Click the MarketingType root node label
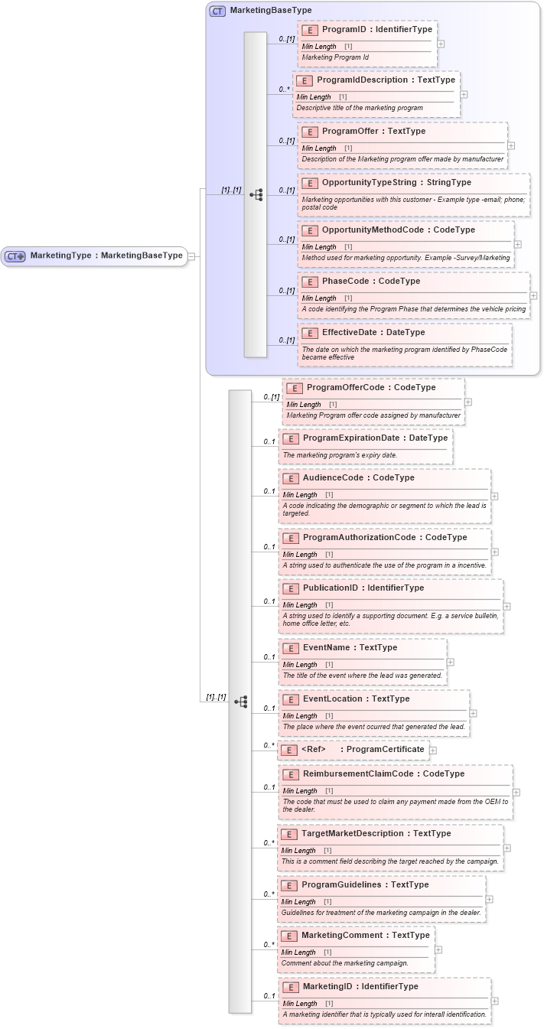106,256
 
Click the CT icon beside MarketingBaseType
217,11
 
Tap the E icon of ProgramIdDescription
304,80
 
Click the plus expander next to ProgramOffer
511,145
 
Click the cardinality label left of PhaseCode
286,291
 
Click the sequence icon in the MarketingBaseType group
256,195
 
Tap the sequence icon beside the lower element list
240,702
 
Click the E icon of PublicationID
290,588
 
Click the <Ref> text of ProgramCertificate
314,749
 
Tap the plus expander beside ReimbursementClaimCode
516,793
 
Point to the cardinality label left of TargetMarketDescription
269,843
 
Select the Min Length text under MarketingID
300,1003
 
